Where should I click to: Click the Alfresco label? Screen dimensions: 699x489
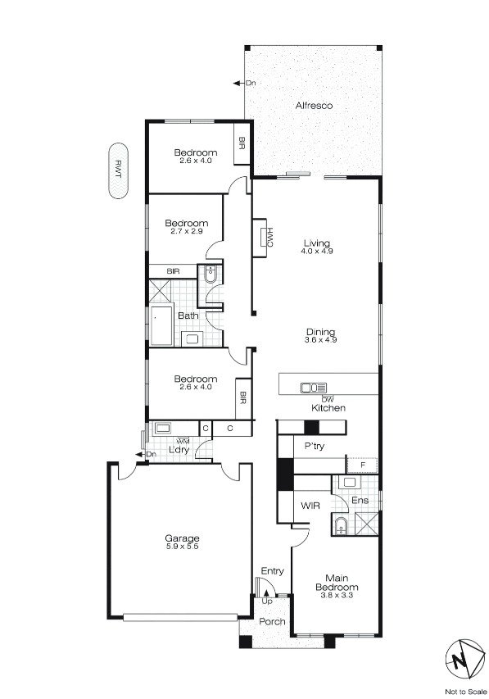point(314,106)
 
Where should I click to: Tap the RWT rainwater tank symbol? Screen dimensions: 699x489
point(120,170)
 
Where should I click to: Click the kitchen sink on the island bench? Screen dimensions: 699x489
point(314,388)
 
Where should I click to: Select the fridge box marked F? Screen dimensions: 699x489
point(362,465)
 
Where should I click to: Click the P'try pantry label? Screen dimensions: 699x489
point(315,447)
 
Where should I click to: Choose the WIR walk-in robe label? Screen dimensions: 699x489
point(310,506)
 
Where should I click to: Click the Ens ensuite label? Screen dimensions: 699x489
point(359,500)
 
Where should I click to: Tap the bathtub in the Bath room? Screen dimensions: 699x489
point(160,326)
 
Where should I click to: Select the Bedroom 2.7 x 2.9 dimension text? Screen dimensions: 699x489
point(186,232)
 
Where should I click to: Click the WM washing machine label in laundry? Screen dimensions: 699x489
point(171,441)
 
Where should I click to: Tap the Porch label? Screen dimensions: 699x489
point(272,622)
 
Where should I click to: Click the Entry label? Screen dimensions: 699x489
point(272,570)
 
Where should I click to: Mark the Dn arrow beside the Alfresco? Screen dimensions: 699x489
point(238,83)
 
